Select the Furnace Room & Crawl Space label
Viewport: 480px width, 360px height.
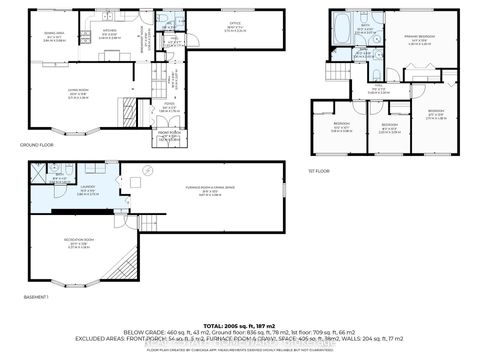207,193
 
